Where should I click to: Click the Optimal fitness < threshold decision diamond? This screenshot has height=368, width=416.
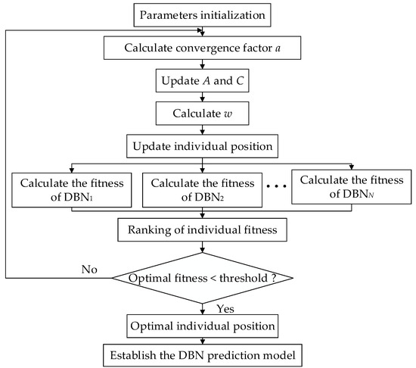(x=202, y=279)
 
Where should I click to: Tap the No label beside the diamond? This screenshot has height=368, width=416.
(x=90, y=268)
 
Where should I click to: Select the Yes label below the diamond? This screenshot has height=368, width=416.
(x=225, y=307)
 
